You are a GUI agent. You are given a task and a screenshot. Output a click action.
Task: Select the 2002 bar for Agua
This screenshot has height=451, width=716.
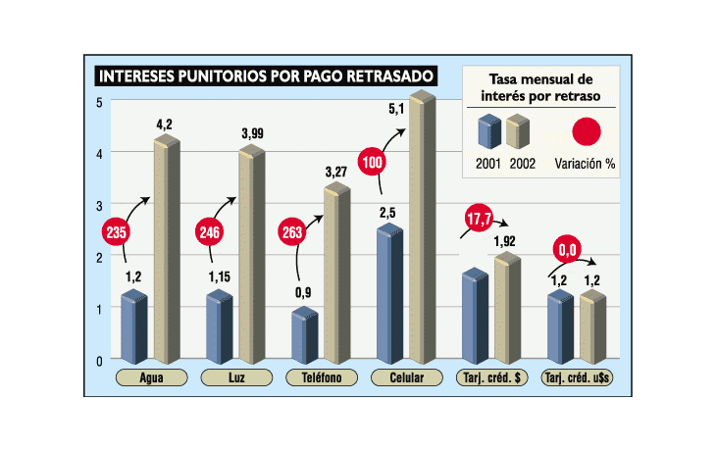(167, 250)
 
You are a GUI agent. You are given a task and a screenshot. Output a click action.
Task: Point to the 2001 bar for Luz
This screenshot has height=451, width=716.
(219, 326)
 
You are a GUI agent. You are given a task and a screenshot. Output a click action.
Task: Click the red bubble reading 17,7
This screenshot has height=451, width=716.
(479, 219)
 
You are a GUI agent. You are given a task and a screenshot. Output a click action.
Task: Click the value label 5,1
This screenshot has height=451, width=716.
(396, 109)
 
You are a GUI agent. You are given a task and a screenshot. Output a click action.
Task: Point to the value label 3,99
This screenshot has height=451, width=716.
(252, 133)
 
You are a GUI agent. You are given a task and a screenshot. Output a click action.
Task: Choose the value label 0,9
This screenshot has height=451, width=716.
(304, 291)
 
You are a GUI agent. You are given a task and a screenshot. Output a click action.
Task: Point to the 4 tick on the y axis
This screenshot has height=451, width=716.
(100, 153)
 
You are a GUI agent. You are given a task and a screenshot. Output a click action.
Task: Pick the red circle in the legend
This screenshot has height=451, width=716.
(587, 131)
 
